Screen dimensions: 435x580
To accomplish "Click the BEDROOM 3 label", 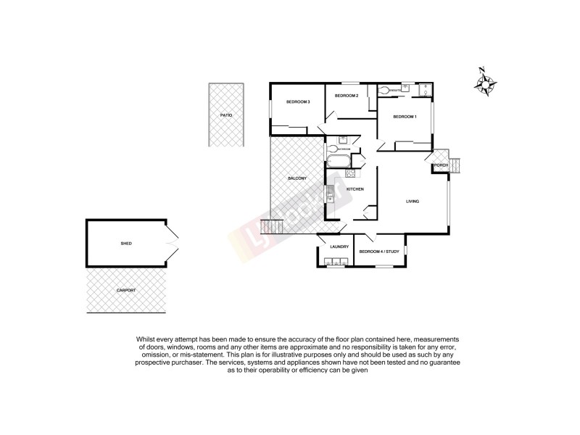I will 298,102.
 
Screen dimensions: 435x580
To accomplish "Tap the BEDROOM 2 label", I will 346,96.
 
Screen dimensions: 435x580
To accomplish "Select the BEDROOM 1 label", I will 405,117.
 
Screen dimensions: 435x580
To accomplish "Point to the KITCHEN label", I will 355,189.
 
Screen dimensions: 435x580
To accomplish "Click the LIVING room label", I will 413,201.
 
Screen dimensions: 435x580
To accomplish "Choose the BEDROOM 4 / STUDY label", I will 379,252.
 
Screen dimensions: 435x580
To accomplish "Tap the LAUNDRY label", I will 339,247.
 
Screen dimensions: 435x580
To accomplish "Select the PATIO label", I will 225,115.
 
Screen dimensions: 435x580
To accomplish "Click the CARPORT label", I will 125,290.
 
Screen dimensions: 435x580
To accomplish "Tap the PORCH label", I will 440,166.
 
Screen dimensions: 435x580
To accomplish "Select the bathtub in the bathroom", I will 339,160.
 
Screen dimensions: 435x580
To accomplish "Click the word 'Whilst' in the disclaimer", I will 145,339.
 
